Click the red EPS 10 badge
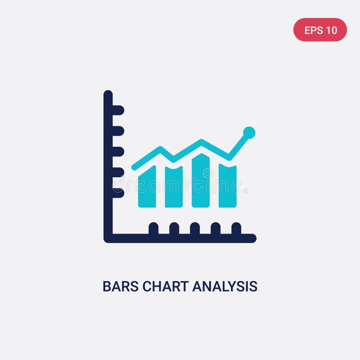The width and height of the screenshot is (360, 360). [320, 30]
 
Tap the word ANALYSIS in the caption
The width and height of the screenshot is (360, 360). [225, 286]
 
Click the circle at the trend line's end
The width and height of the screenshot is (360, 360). [249, 132]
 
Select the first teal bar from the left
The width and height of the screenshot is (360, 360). [147, 187]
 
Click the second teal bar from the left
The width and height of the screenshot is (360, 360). [174, 187]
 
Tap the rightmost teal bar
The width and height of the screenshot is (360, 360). [228, 186]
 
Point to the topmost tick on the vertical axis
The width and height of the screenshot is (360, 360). [118, 110]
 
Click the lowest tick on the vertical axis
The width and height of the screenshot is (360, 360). [118, 193]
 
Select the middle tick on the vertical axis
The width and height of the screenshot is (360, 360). [118, 152]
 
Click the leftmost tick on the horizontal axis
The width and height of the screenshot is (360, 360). [153, 228]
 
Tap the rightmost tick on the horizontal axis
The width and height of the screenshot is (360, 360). [236, 228]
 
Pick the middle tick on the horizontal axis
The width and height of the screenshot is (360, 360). [195, 228]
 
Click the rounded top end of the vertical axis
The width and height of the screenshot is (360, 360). [108, 94]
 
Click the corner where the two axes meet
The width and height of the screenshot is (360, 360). [108, 238]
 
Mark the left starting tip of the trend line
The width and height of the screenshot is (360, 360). [134, 167]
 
